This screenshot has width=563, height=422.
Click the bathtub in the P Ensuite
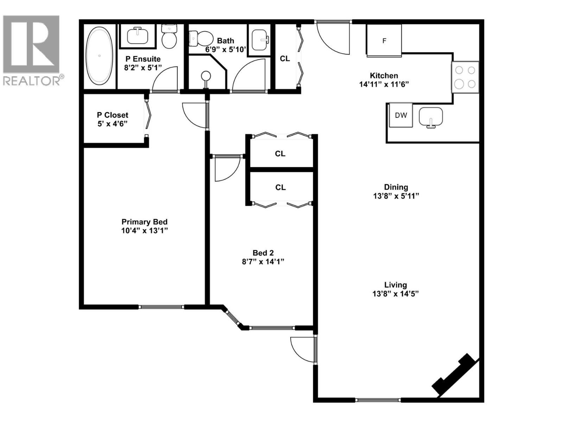(x=100, y=56)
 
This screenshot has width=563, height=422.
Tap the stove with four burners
(x=465, y=77)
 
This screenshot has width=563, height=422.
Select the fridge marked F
(x=384, y=41)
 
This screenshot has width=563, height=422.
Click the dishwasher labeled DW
(x=401, y=115)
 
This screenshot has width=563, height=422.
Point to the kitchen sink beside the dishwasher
(x=431, y=117)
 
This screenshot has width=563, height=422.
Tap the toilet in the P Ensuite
(x=169, y=36)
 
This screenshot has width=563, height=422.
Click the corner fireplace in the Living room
(x=454, y=374)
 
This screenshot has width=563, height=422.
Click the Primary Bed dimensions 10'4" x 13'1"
(x=144, y=231)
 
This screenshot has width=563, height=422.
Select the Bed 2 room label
(x=263, y=253)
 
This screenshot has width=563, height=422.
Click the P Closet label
(x=113, y=115)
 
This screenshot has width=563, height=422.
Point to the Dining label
(x=396, y=187)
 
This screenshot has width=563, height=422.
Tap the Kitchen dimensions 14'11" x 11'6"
(x=384, y=84)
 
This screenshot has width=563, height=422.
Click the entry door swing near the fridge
(x=333, y=38)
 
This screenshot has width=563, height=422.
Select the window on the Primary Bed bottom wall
(x=162, y=307)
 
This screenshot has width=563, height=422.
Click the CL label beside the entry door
(x=285, y=59)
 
